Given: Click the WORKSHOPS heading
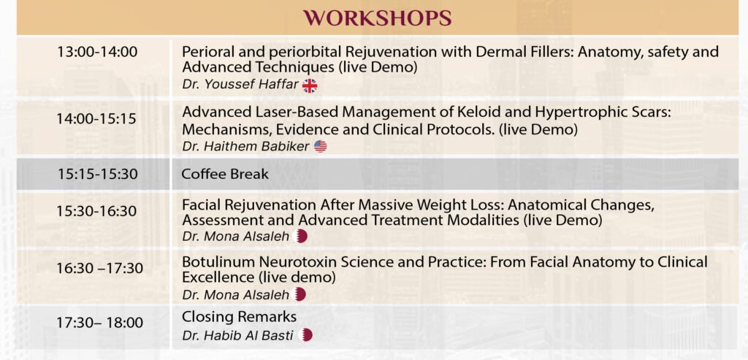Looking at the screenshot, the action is [x=378, y=18].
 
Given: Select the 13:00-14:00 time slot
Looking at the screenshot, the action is [x=97, y=52].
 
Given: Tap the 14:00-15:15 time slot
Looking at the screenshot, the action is [x=97, y=119].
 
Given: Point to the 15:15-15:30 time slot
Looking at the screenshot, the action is [x=98, y=174].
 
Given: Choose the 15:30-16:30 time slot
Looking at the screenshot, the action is [x=97, y=211].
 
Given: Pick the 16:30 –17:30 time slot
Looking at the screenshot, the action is [x=99, y=269].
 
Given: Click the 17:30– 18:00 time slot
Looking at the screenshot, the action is [x=99, y=323].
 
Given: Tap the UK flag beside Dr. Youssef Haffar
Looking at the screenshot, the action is [x=310, y=86].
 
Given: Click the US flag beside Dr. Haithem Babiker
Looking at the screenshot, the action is [x=321, y=146].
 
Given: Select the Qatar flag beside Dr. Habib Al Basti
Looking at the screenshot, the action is [x=305, y=335].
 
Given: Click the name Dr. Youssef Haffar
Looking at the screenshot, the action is [x=240, y=85].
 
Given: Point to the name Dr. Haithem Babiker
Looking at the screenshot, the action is [x=245, y=146].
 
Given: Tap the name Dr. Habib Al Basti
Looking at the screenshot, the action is [x=237, y=335].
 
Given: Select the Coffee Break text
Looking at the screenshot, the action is [x=225, y=174].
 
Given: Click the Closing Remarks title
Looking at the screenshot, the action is [x=239, y=317].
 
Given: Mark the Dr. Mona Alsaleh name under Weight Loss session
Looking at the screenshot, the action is [x=236, y=237].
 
